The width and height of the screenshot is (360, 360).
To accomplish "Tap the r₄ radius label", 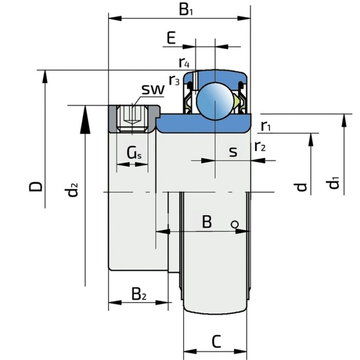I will click(x=184, y=63).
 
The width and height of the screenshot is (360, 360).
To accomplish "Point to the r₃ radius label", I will click(x=174, y=80).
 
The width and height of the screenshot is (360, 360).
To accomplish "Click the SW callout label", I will click(x=153, y=89).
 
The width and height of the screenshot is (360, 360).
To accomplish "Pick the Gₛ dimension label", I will click(x=133, y=153).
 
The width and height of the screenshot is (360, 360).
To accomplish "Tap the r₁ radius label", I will click(x=266, y=125).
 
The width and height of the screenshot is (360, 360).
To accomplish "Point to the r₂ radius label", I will click(x=260, y=147).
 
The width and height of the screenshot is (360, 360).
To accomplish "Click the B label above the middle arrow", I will click(x=207, y=222).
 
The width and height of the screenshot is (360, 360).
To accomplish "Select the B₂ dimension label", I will click(x=139, y=294).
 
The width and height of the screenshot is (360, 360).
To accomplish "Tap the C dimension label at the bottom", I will click(x=217, y=340).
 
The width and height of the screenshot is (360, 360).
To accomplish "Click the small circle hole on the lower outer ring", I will click(x=234, y=224).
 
